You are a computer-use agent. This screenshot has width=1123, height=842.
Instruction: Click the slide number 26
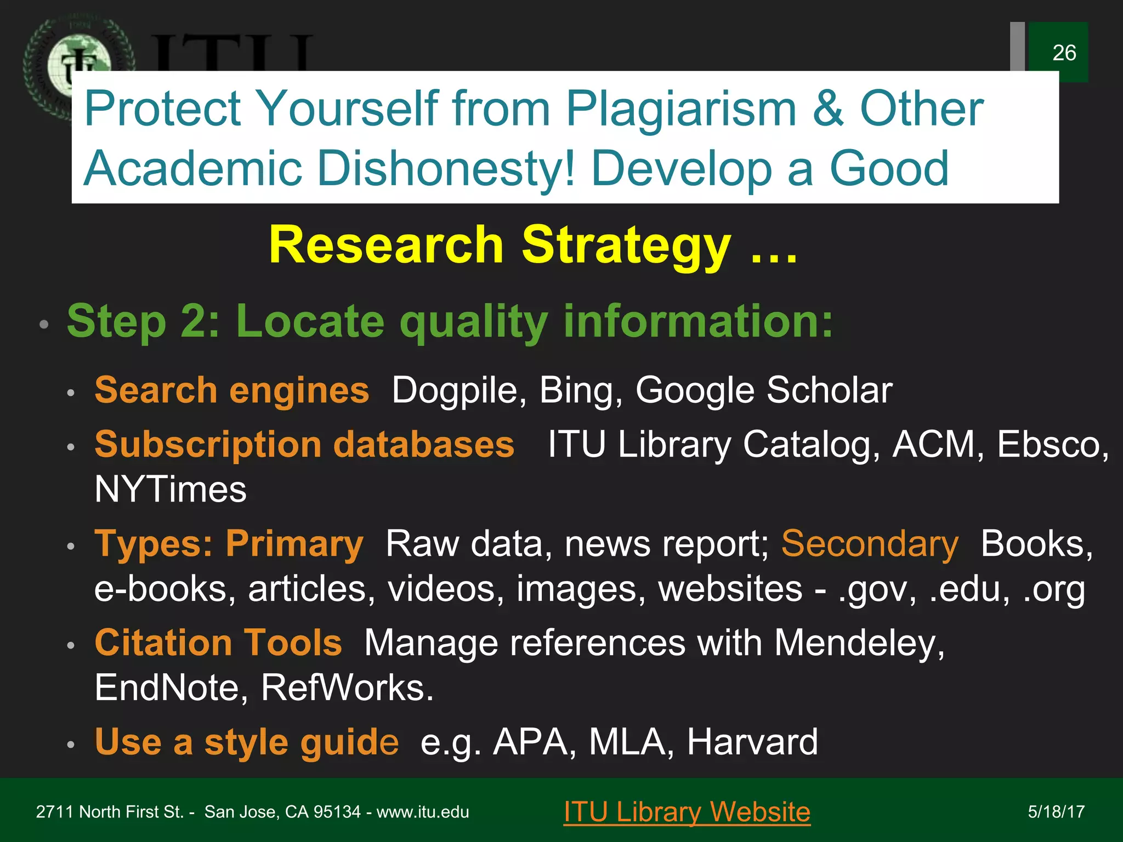(x=1064, y=53)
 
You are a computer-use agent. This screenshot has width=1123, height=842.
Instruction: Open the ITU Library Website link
(x=687, y=812)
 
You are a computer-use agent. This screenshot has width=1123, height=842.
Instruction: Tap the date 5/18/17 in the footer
(x=1056, y=812)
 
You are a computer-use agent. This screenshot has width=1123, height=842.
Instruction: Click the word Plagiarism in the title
(x=680, y=109)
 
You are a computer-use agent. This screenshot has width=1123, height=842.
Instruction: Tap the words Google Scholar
(x=764, y=391)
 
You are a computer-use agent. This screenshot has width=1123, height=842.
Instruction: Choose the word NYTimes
(x=171, y=490)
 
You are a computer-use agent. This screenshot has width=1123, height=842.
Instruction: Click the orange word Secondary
(x=870, y=544)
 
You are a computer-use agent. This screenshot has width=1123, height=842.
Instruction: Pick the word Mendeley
(x=859, y=643)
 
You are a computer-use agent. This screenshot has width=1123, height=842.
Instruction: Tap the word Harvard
(x=752, y=742)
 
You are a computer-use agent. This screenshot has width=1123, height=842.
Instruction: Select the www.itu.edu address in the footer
(x=423, y=812)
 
